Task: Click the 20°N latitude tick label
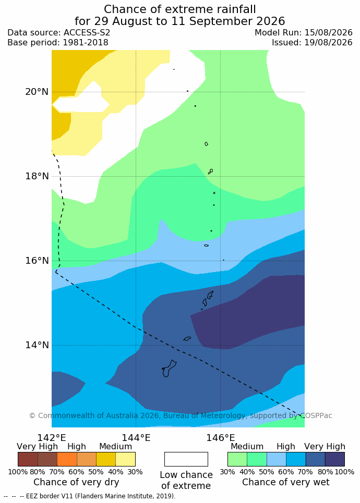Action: point(37,92)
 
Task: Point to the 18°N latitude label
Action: point(37,176)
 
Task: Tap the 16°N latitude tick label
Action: point(37,261)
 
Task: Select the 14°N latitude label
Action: point(37,345)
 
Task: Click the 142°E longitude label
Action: point(52,437)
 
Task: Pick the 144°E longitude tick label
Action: point(136,437)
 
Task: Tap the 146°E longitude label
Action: point(220,437)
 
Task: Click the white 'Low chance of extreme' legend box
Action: point(186,459)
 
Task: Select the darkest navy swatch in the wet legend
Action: point(335,459)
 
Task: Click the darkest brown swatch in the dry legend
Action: point(28,459)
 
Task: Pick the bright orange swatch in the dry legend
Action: point(67,459)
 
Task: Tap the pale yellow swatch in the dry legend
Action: point(126,459)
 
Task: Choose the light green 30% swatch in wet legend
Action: point(237,459)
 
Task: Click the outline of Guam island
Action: point(174,362)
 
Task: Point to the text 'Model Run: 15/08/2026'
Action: point(304,33)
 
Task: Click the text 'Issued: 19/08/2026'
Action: point(312,42)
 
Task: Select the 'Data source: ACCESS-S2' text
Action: point(59,33)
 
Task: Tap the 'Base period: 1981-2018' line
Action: point(58,42)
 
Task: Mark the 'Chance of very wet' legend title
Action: point(286,482)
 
